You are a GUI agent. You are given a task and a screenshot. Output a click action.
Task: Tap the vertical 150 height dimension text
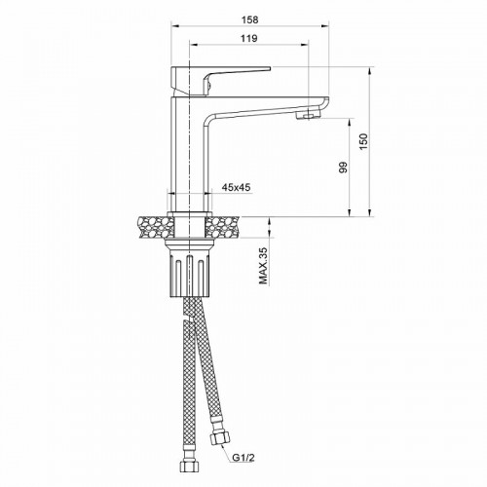pos(363,142)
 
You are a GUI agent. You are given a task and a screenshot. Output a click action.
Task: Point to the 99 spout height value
pos(342,168)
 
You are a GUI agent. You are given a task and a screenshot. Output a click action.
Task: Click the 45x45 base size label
pos(237,186)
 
